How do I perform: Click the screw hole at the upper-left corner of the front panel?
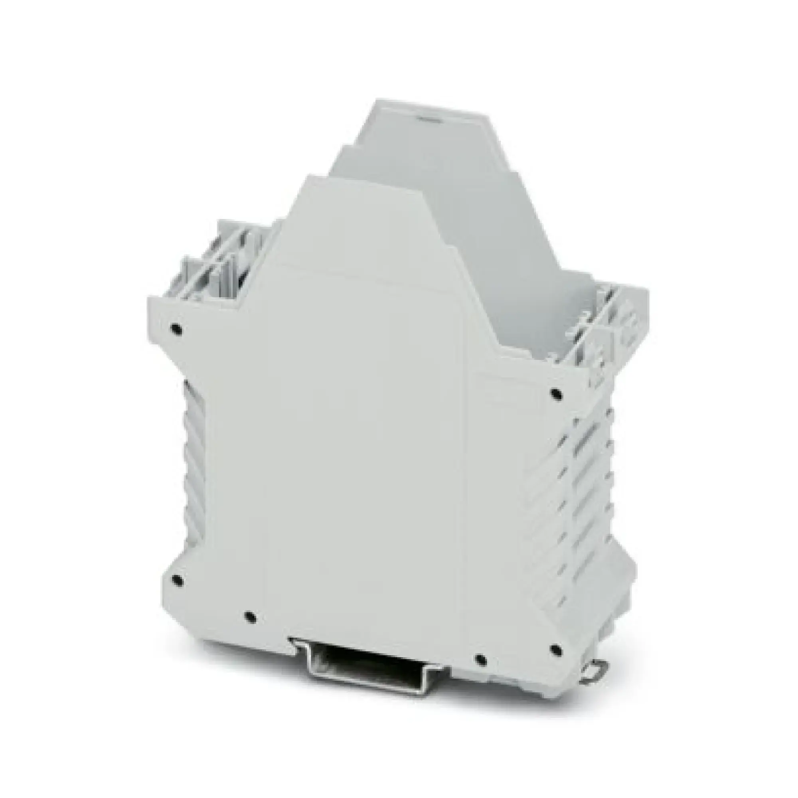click(x=176, y=328)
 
